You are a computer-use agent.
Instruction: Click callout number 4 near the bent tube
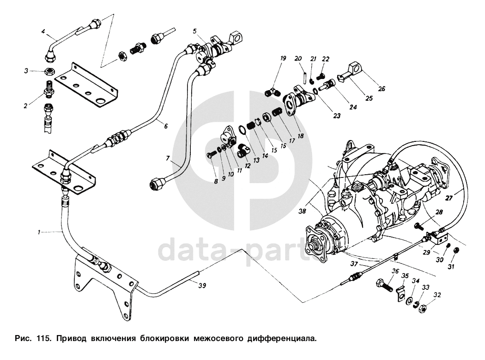tap(43, 31)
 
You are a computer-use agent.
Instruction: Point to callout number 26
tap(382, 89)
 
